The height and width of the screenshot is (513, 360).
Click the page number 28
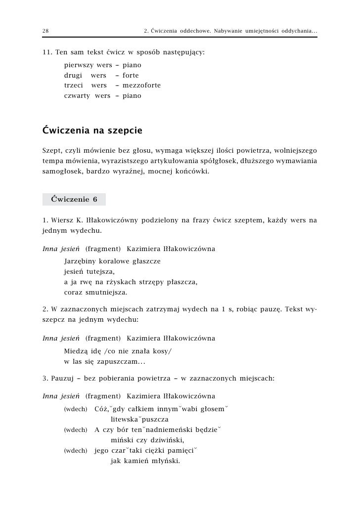click(x=45, y=32)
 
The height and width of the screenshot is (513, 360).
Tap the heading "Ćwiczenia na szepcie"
click(x=92, y=131)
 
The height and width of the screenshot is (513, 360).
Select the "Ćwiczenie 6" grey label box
click(x=74, y=200)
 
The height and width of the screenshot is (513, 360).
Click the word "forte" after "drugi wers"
click(x=131, y=76)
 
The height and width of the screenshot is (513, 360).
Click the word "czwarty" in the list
click(x=77, y=95)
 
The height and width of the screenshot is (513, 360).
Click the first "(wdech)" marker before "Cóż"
click(x=76, y=410)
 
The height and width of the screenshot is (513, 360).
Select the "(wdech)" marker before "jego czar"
click(x=76, y=451)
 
